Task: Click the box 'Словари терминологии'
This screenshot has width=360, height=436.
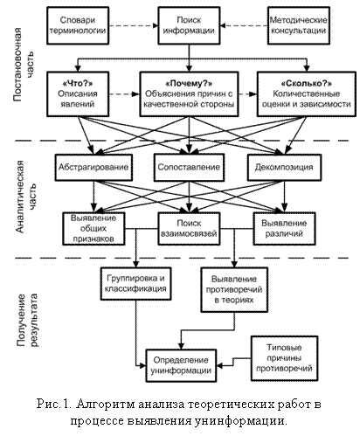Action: [x=78, y=25]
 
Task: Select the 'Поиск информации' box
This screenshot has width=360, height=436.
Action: [x=189, y=25]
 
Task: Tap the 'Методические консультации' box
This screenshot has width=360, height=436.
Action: [x=299, y=25]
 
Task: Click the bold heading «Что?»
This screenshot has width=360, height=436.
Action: [x=78, y=84]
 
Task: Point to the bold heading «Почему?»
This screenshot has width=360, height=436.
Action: [x=189, y=84]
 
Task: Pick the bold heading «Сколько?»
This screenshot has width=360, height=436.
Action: [x=307, y=84]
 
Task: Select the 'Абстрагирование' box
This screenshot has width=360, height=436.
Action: [x=93, y=168]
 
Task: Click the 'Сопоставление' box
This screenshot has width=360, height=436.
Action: [x=189, y=168]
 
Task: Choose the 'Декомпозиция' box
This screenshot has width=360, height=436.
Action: [x=284, y=168]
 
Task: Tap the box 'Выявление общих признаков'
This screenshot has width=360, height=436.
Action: [x=93, y=229]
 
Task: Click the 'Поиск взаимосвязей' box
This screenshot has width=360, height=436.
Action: [x=189, y=229]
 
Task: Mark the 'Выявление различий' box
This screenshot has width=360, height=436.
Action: [x=284, y=229]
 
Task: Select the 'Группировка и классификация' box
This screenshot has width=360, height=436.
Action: [x=135, y=284]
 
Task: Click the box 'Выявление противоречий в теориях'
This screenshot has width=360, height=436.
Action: [x=234, y=290]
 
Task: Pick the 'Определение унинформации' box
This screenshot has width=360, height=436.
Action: [x=181, y=365]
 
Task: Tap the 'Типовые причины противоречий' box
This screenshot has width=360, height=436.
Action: [x=284, y=358]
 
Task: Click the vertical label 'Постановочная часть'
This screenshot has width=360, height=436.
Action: [x=24, y=65]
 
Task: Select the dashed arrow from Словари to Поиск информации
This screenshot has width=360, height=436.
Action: [x=134, y=25]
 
